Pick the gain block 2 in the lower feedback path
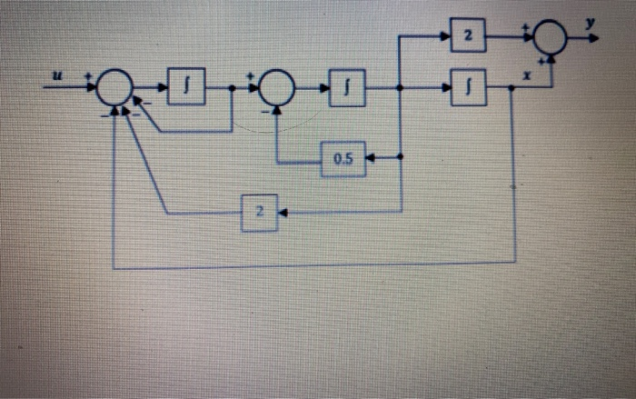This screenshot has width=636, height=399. [259, 213]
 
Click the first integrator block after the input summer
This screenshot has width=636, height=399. [187, 87]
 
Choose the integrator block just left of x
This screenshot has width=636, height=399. [468, 88]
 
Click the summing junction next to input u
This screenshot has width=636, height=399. [115, 88]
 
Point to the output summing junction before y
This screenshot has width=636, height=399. [550, 38]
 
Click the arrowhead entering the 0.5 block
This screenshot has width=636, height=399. [371, 158]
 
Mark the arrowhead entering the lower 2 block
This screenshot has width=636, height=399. [283, 213]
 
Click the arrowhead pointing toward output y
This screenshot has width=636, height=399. [593, 38]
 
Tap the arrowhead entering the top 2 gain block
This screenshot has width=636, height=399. [447, 36]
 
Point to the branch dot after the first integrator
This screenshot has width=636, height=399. [232, 88]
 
